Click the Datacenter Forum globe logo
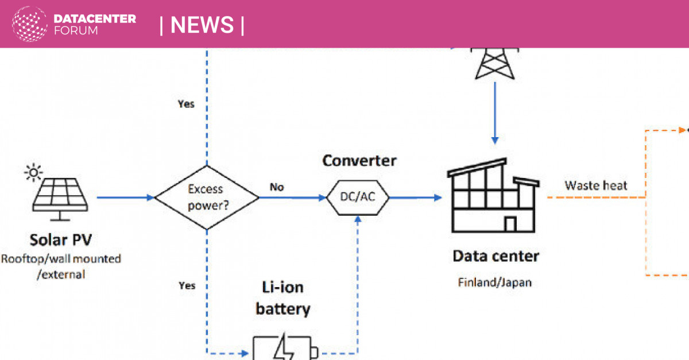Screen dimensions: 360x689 30,24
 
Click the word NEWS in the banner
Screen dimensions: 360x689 202,25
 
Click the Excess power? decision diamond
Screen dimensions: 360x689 207,198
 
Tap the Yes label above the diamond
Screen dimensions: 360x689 187,104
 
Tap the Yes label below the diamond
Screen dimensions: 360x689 187,285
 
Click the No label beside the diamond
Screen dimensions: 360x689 277,187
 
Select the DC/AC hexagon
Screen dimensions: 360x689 358,198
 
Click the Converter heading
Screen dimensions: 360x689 359,160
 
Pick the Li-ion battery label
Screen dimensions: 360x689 282,299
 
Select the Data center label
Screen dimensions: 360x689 496,256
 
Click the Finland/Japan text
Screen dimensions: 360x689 494,282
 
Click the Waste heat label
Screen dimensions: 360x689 595,185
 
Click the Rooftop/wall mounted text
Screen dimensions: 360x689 61,259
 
